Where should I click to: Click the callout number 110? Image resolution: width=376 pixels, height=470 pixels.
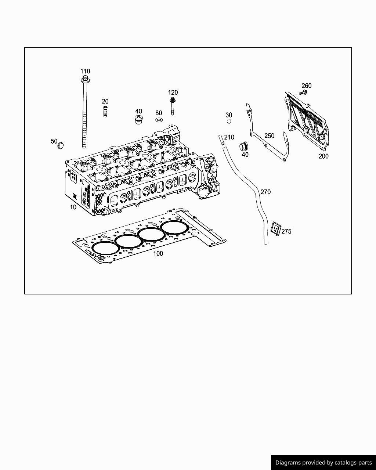[x=85, y=71]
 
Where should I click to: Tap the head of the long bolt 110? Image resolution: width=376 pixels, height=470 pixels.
[x=85, y=79]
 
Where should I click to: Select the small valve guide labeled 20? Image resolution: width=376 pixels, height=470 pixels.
[x=105, y=111]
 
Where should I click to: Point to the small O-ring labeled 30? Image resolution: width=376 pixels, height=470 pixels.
[x=229, y=122]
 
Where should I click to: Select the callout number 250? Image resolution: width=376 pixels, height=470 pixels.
[x=269, y=136]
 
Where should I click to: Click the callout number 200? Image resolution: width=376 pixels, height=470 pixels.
[x=323, y=156]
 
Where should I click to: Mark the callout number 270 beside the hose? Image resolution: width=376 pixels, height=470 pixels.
[x=265, y=192]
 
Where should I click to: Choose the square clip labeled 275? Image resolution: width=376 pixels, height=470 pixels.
[x=275, y=228]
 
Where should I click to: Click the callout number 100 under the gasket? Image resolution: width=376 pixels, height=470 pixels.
[x=158, y=253]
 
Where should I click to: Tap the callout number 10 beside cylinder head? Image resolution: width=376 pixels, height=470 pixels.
[x=73, y=207]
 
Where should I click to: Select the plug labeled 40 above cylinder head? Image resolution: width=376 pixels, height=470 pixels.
[x=139, y=120]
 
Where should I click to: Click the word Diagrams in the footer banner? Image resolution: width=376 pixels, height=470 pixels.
[x=288, y=463]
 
